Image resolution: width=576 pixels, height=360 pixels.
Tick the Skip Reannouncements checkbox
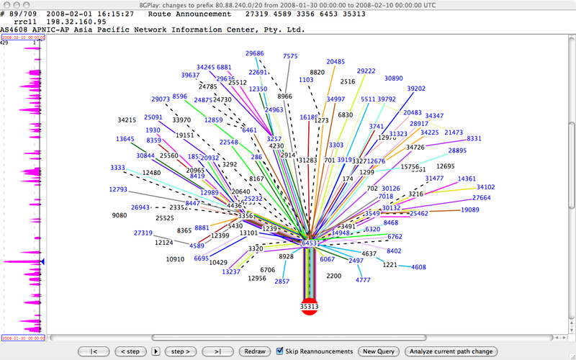[x=280, y=351]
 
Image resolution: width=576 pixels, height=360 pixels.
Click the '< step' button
[x=129, y=351]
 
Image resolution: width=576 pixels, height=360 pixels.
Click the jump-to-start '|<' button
[x=94, y=351]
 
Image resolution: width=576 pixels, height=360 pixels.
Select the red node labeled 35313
[x=309, y=306]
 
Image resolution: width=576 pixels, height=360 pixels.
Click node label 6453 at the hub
[x=310, y=243]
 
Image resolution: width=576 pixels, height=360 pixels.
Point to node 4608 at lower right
[x=418, y=267]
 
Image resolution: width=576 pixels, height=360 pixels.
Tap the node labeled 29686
[x=254, y=53]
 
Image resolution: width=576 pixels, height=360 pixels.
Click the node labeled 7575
[x=290, y=56]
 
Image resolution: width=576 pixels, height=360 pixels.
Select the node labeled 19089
[x=470, y=210]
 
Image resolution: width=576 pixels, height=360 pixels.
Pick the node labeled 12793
[x=118, y=189]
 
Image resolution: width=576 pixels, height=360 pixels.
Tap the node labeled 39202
[x=416, y=88]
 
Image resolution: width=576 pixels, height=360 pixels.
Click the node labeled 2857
[x=282, y=282]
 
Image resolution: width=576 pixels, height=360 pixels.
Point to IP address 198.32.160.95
[x=73, y=22]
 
